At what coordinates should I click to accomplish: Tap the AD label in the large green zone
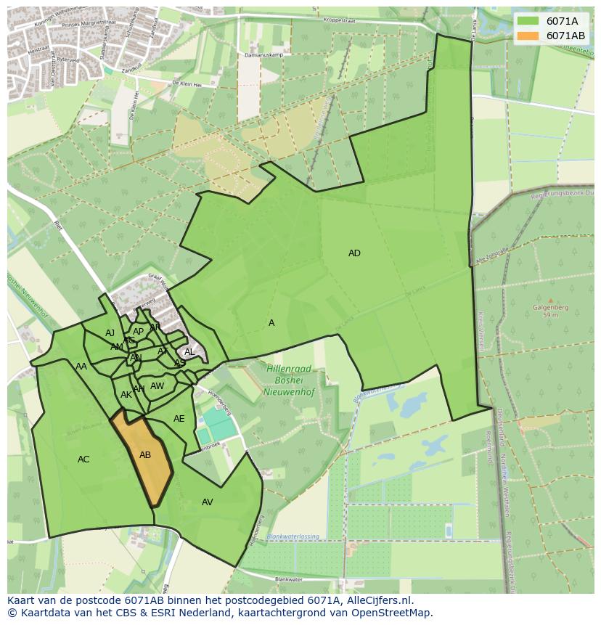tap(354, 253)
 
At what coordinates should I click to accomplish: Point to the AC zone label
tap(83, 459)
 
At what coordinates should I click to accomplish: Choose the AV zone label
tap(208, 502)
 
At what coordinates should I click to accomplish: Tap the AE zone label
tap(179, 419)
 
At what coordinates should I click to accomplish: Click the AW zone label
tap(158, 386)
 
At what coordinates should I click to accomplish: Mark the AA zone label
tap(81, 367)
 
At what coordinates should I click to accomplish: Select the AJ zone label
tap(110, 333)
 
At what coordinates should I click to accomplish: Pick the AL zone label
tap(189, 352)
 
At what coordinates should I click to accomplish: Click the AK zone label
tap(126, 395)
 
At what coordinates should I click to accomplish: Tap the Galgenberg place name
tap(549, 307)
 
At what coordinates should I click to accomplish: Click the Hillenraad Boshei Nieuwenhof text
tap(288, 378)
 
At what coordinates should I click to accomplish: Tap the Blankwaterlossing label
tap(293, 536)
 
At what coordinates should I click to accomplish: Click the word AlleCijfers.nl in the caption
tap(380, 600)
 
